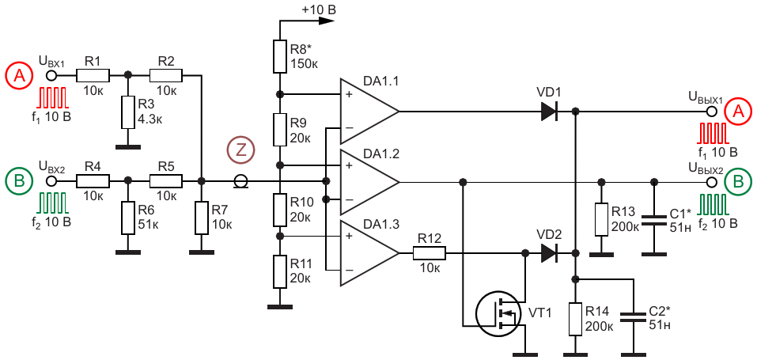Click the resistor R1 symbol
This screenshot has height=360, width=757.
point(93,75)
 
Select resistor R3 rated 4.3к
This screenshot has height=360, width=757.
point(128,112)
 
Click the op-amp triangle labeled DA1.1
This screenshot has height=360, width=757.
point(369,111)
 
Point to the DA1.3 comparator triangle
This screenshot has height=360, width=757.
point(369,253)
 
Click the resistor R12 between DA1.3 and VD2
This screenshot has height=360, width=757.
point(430,252)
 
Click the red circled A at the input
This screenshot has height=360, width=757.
point(19,77)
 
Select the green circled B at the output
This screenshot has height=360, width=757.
point(738,183)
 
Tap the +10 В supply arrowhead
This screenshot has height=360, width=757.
point(327,21)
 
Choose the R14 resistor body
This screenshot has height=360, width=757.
point(576,319)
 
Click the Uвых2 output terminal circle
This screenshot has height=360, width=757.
point(710,182)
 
